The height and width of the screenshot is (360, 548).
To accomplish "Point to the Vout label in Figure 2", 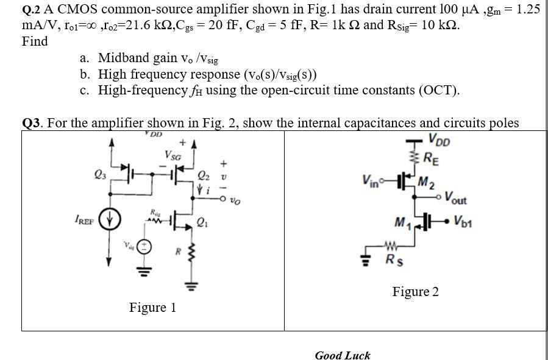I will [x=457, y=198].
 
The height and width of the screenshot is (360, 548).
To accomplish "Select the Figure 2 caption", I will [x=415, y=292].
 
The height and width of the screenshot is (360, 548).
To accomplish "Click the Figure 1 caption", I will [x=152, y=307].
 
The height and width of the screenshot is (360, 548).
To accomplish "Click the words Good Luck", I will [x=342, y=355].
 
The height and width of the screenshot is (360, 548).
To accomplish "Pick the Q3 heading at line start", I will [x=32, y=123].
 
